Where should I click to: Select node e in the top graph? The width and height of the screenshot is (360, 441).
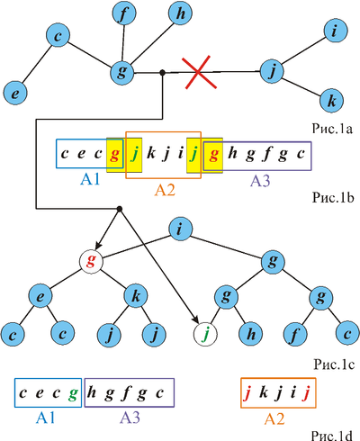(x=15, y=93)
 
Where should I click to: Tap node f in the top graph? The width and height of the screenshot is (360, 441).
(x=124, y=13)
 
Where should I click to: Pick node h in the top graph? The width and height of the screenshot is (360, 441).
(x=180, y=13)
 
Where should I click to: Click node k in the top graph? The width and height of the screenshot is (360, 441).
(x=331, y=101)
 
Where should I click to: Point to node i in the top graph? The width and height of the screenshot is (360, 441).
(x=336, y=31)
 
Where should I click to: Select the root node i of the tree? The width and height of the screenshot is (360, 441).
(x=180, y=229)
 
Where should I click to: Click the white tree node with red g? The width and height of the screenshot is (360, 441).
(x=91, y=262)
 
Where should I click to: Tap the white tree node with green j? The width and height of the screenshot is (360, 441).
(x=205, y=334)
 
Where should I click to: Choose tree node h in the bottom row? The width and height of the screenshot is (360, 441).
(x=251, y=334)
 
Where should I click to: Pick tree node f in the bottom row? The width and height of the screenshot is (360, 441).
(x=295, y=334)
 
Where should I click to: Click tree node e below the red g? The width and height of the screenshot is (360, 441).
(x=40, y=296)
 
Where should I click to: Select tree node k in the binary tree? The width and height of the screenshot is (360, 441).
(x=136, y=296)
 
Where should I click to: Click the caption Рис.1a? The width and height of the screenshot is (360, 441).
(x=333, y=129)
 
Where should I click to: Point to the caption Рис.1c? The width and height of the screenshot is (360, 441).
(x=334, y=364)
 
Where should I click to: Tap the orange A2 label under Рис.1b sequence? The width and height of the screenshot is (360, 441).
(x=165, y=190)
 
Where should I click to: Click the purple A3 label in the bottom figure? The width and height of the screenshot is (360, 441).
(x=130, y=417)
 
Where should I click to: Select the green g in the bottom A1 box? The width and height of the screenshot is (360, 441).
(x=73, y=394)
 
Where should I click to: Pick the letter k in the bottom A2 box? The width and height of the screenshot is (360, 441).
(x=264, y=392)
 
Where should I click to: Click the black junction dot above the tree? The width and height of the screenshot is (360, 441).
(x=120, y=209)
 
